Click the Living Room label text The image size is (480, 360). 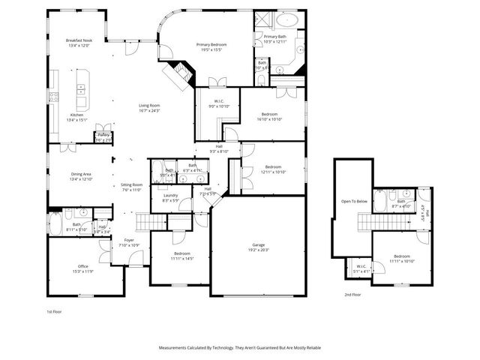click(149, 105)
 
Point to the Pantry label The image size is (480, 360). click(103, 135)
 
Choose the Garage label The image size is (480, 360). click(259, 245)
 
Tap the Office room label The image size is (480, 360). click(82, 266)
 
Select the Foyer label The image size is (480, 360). click(130, 241)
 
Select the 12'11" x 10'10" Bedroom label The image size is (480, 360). click(273, 166)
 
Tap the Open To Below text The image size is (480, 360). click(354, 201)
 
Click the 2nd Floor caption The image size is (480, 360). click(352, 295)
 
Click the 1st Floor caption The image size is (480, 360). click(55, 310)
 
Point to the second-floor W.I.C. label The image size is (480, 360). click(360, 265)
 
